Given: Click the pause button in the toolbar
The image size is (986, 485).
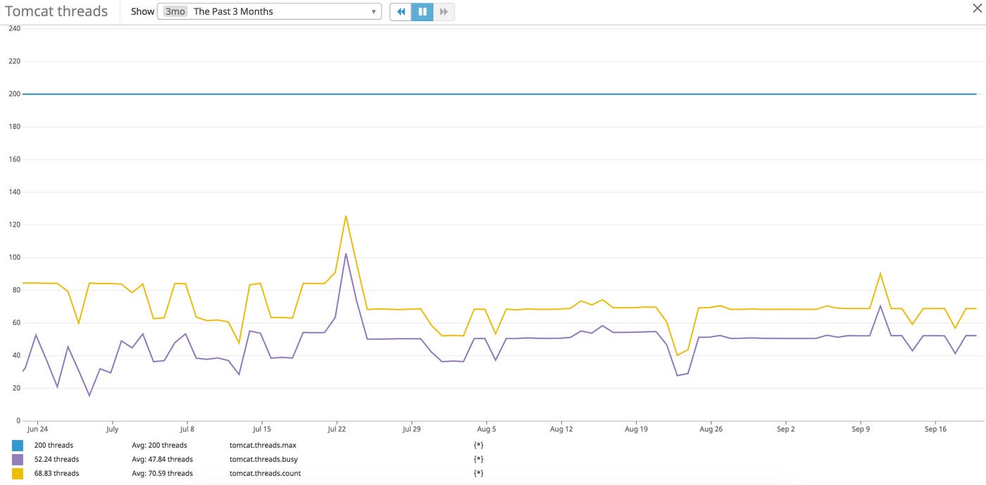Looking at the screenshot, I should [423, 11].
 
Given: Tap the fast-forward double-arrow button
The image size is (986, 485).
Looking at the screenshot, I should [444, 11].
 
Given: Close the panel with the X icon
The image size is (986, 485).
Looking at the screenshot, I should [977, 8].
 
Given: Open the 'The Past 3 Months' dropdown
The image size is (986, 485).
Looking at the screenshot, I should [269, 11].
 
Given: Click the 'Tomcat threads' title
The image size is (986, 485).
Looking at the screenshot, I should [56, 11].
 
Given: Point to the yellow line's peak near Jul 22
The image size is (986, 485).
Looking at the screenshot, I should [346, 216].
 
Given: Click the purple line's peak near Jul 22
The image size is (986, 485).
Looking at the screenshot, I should [346, 253].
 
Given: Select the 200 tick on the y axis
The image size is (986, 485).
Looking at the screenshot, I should [15, 94].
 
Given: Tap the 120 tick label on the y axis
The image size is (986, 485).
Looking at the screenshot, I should [15, 225].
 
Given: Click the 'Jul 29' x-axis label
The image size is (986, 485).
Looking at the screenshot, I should [411, 429].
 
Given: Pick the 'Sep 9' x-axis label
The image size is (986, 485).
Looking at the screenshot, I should [861, 429].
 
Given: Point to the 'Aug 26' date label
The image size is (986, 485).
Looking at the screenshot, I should [711, 429].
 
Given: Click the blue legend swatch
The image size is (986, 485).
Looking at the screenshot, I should [18, 446].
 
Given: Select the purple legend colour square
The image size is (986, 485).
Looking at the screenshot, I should [18, 460].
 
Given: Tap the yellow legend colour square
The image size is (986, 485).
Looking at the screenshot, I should [18, 474].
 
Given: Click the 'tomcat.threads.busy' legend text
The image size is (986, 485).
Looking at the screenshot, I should [263, 460].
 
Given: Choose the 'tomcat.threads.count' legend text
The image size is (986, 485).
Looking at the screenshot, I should [265, 474].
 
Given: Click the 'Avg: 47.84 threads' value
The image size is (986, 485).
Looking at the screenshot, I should [162, 460].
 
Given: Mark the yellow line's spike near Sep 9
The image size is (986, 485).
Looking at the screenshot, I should [880, 273].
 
